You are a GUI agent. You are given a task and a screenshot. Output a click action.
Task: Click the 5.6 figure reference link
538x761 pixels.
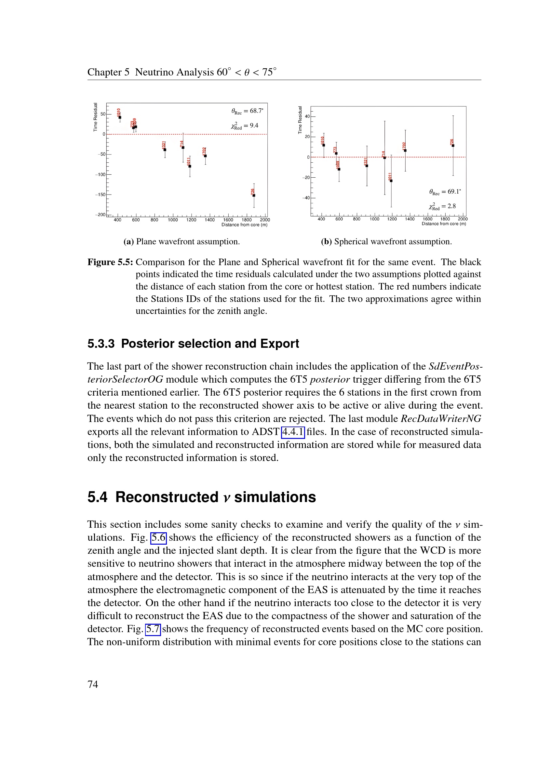[159, 537]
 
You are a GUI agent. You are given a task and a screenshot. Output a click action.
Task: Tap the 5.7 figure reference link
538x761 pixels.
[153, 629]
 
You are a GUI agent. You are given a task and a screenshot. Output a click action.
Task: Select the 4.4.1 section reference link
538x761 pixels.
[293, 432]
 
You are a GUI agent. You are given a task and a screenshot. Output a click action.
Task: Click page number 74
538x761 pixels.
[93, 684]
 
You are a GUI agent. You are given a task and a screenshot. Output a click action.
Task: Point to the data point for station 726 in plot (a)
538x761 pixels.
[254, 196]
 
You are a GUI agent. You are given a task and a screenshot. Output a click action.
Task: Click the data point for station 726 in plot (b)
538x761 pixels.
[453, 145]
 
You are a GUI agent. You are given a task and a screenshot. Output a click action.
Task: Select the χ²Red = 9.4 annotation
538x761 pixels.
[245, 126]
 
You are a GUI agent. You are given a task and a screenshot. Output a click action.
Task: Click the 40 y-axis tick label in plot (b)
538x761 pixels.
[307, 116]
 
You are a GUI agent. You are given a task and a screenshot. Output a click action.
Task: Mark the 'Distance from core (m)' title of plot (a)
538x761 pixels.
[244, 225]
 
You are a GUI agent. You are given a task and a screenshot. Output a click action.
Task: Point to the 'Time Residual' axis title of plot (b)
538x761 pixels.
[300, 120]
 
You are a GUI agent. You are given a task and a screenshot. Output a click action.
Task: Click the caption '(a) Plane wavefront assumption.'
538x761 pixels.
[182, 242]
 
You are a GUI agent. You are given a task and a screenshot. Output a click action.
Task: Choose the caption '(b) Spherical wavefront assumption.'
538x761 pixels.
[386, 242]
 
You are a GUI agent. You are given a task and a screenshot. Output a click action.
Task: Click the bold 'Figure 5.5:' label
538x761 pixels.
[110, 262]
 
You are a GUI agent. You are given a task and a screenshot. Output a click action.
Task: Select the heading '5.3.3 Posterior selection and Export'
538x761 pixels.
[193, 344]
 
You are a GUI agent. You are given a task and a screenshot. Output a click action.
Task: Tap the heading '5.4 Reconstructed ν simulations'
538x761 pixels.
[201, 497]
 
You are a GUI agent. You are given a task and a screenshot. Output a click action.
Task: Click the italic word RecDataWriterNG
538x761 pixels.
[441, 419]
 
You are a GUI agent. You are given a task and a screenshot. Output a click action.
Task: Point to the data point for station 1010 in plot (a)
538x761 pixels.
[120, 117]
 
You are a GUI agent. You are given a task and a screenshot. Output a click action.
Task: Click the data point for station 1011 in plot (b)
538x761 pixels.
[391, 181]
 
